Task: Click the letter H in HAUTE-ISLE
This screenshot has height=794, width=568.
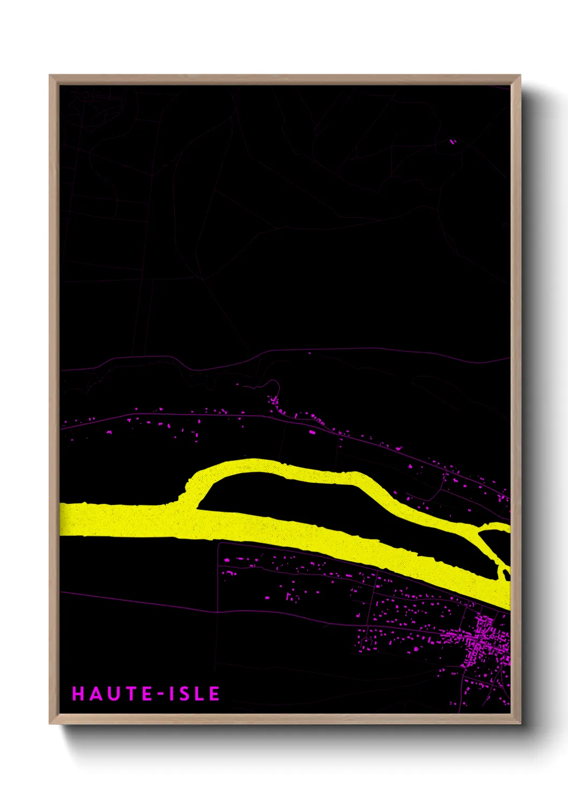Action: (x=79, y=693)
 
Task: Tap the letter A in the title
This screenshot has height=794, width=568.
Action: (x=96, y=693)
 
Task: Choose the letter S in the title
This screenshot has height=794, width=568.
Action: (x=185, y=693)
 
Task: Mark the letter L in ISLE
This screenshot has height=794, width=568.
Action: (x=200, y=693)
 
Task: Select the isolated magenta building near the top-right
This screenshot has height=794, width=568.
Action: (x=453, y=142)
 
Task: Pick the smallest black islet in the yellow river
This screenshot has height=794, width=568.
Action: (x=506, y=575)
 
